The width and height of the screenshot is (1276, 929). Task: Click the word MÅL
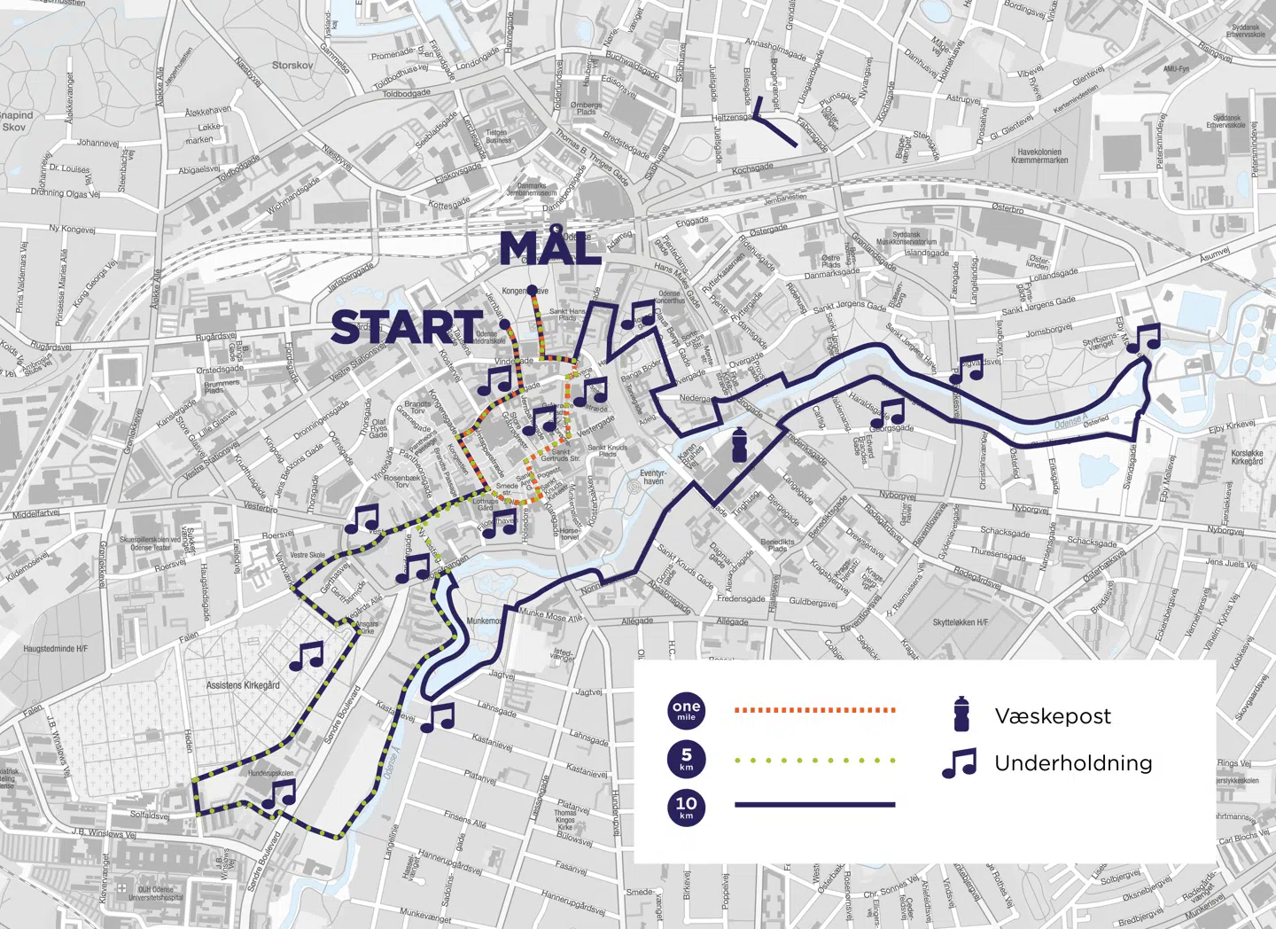pyautogui.click(x=550, y=248)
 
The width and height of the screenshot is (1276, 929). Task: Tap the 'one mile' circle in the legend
pyautogui.click(x=686, y=710)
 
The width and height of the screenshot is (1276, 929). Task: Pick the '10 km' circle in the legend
pyautogui.click(x=686, y=807)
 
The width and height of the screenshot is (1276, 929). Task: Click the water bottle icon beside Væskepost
pyautogui.click(x=961, y=714)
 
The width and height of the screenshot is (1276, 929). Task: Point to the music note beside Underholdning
pyautogui.click(x=959, y=763)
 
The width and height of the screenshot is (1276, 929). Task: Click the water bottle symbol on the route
pyautogui.click(x=739, y=444)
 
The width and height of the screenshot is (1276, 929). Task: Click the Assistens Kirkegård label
pyautogui.click(x=243, y=685)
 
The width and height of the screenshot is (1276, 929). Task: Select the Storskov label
pyautogui.click(x=292, y=66)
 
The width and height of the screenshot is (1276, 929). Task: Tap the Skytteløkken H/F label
pyautogui.click(x=960, y=622)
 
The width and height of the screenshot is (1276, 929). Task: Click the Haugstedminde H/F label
pyautogui.click(x=56, y=649)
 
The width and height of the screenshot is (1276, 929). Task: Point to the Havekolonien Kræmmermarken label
pyautogui.click(x=1042, y=156)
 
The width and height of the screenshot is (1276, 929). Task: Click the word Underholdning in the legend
pyautogui.click(x=1073, y=763)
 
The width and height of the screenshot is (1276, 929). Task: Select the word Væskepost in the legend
pyautogui.click(x=1052, y=716)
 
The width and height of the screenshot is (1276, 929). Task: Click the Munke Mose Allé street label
pyautogui.click(x=550, y=615)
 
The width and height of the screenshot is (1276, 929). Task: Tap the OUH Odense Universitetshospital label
pyautogui.click(x=155, y=893)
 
